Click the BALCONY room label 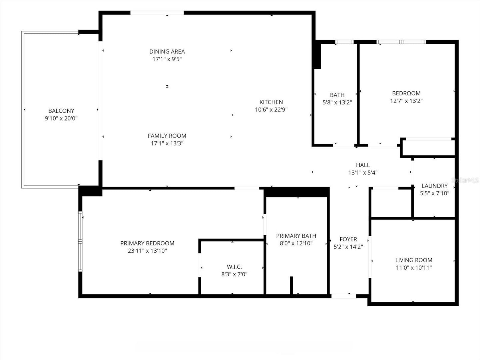(61, 111)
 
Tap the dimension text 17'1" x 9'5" (167, 59)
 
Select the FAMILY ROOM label (167, 136)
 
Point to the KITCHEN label (271, 102)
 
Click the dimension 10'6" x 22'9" (271, 110)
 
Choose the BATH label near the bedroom (337, 95)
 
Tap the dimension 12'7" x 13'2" (406, 101)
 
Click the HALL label (363, 165)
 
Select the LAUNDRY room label (435, 186)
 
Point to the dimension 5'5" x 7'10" (435, 193)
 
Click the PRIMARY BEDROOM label (147, 243)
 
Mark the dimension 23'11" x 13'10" (147, 251)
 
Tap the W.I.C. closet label (234, 267)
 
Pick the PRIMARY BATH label (296, 236)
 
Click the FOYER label (348, 239)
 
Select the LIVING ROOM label (414, 260)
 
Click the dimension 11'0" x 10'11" (414, 268)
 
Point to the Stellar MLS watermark (465, 180)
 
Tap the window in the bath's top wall (344, 42)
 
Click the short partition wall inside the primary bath (291, 285)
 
